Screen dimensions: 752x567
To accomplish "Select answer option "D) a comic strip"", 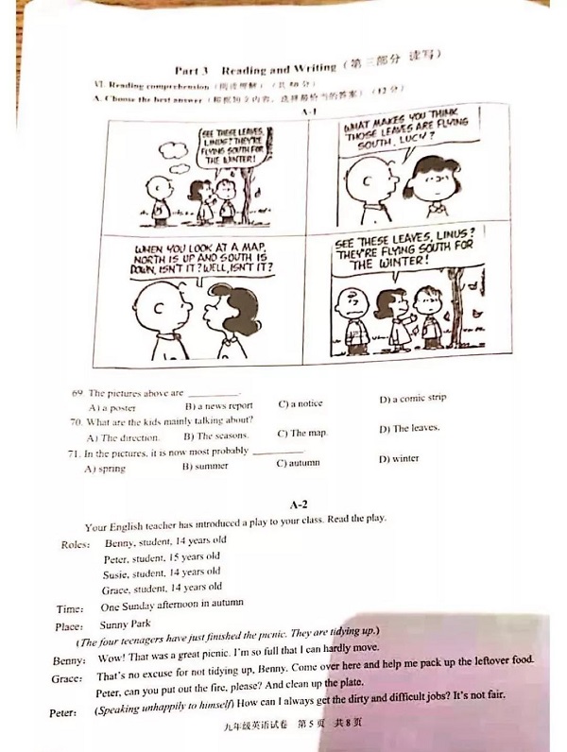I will [412, 399].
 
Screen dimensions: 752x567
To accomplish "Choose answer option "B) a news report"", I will [218, 405].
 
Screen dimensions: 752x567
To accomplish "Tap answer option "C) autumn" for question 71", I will [298, 463].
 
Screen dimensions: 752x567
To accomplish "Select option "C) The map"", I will [301, 433].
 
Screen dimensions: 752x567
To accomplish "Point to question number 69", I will [77, 392].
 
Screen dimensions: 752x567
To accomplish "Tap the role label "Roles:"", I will [76, 544].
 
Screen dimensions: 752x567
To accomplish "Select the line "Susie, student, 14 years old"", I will [162, 572].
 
